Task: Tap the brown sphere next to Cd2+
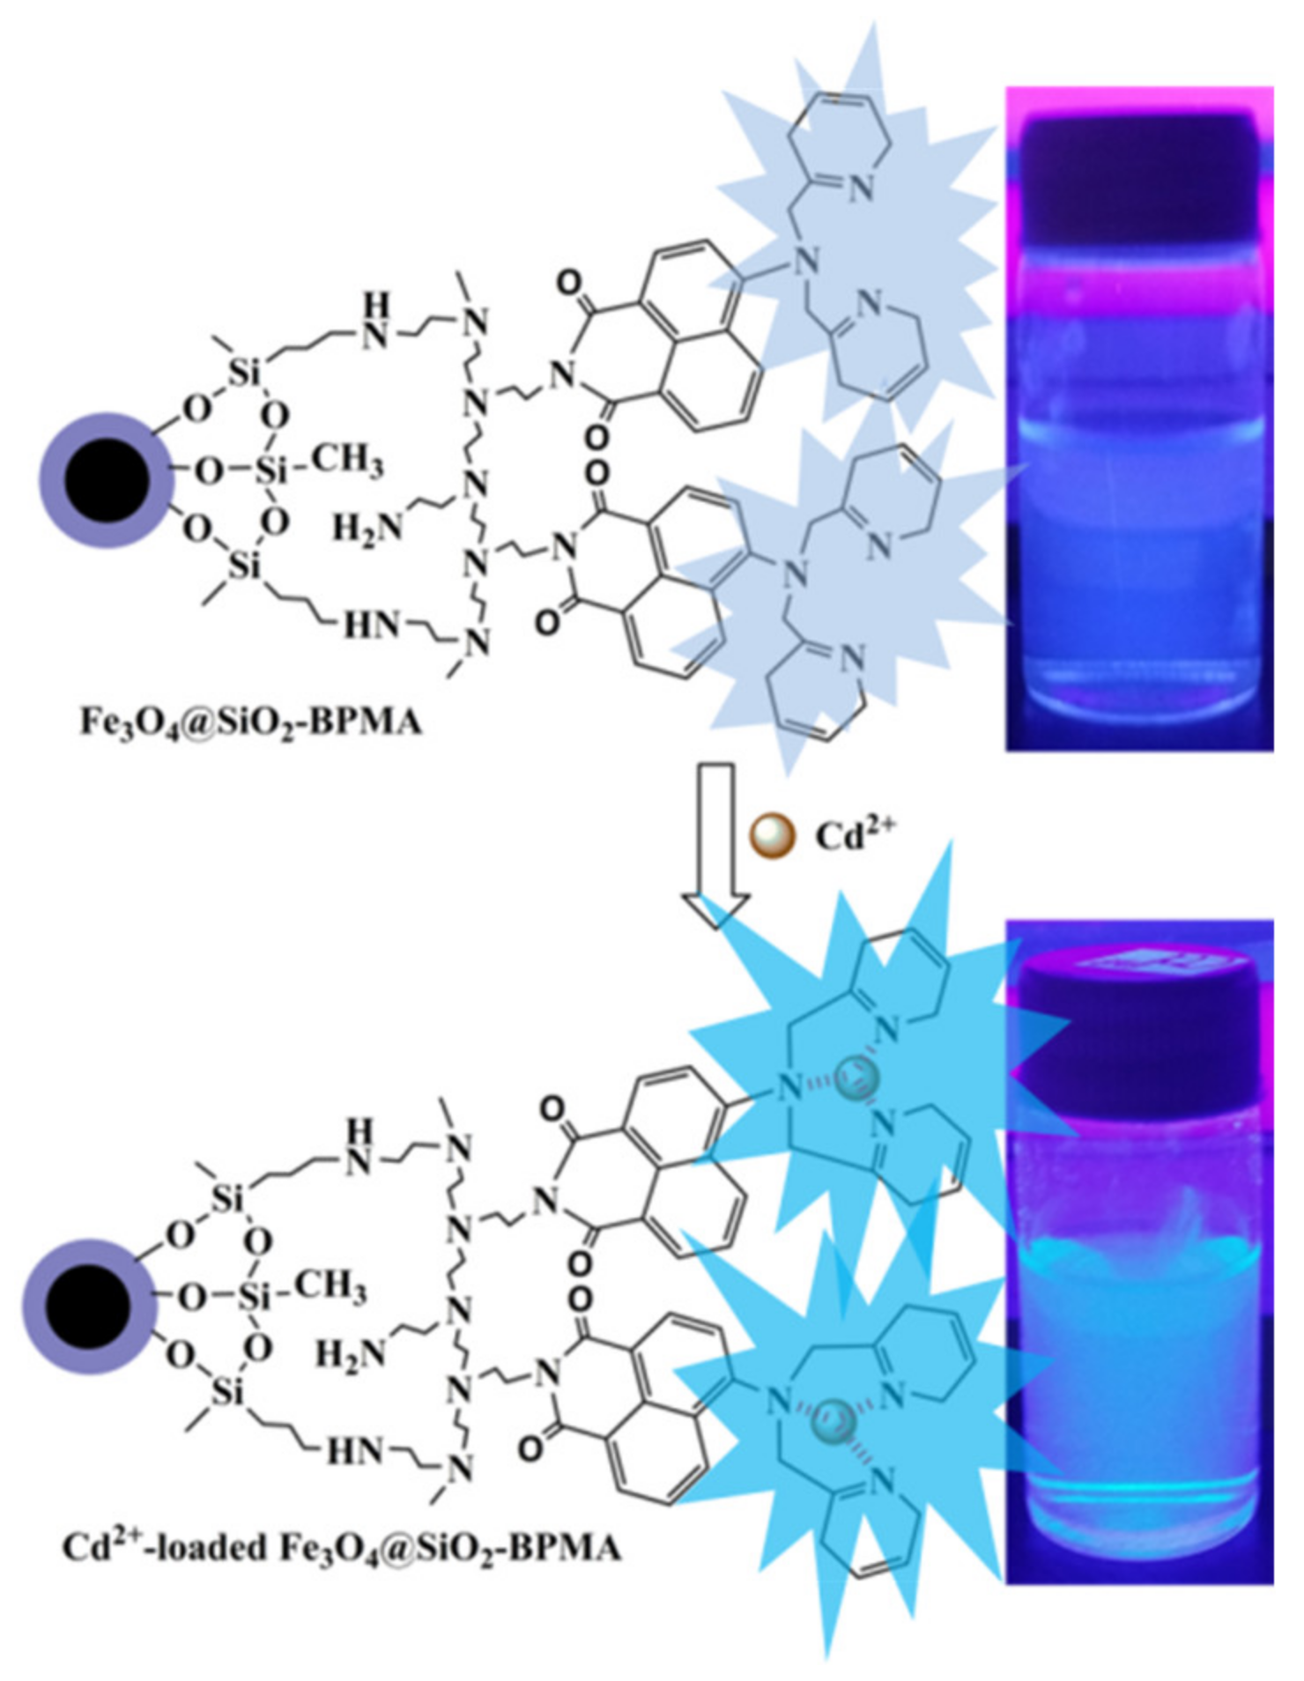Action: click(773, 834)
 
